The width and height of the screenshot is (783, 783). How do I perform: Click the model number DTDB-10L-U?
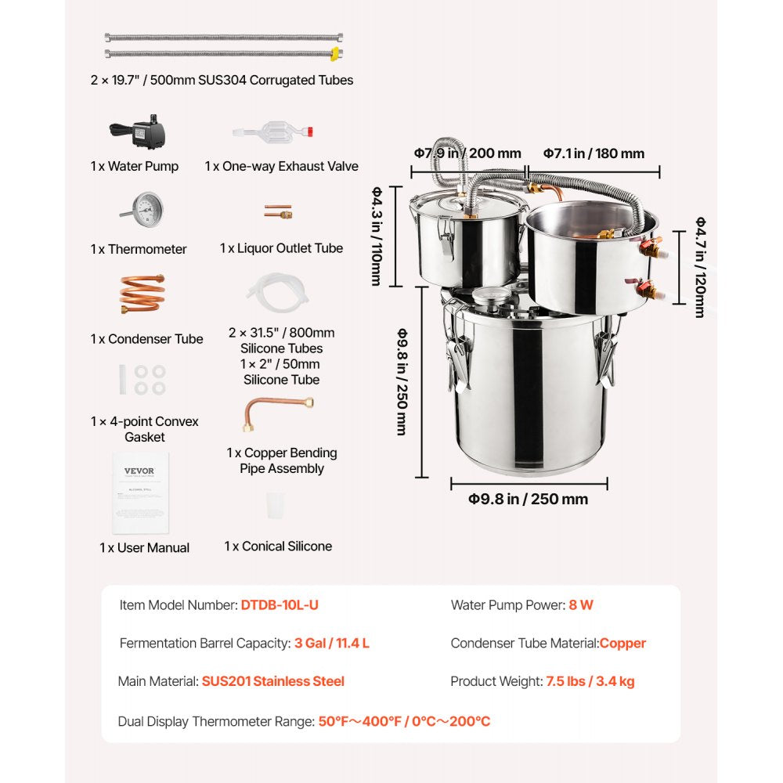pyautogui.click(x=280, y=605)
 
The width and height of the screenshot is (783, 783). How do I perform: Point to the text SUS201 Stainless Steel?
pyautogui.click(x=272, y=681)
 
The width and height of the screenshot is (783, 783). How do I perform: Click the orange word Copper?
pyautogui.click(x=622, y=644)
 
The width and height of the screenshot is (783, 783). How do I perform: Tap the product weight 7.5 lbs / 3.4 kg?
pyautogui.click(x=590, y=681)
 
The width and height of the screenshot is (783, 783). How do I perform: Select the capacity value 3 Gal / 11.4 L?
pyautogui.click(x=332, y=644)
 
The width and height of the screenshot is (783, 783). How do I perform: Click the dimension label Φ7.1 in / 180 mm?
pyautogui.click(x=594, y=153)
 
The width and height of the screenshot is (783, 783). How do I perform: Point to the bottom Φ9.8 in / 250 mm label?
pyautogui.click(x=528, y=499)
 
